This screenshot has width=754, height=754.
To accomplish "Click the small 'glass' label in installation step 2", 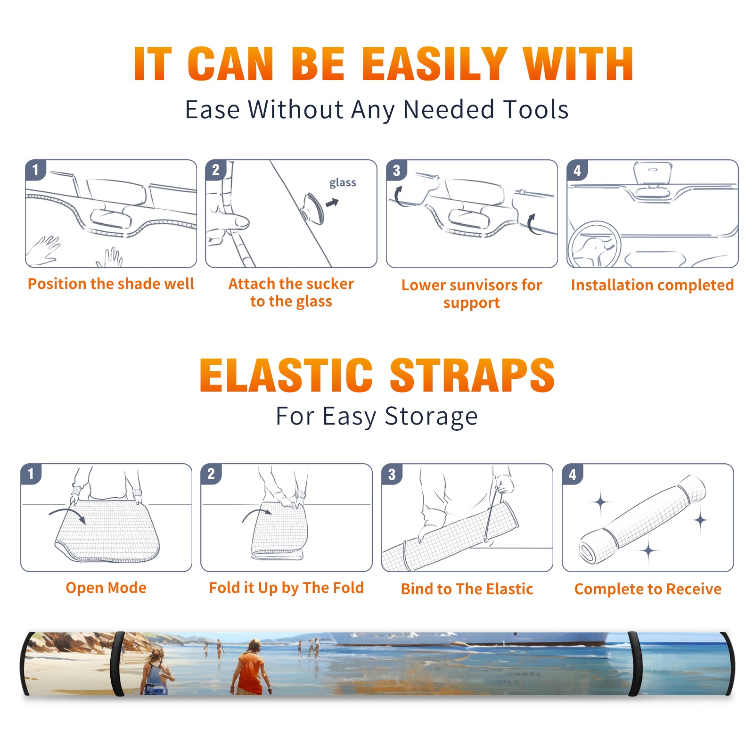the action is pos(343,183).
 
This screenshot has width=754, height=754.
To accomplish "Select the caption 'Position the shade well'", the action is pos(111,284).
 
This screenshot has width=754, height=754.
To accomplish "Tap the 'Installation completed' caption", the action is pos(652,285).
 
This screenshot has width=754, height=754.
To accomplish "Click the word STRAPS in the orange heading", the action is pos(472,375).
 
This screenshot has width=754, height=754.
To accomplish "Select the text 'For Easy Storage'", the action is pos(377,416).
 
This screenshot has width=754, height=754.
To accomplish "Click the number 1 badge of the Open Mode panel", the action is pos(31,474).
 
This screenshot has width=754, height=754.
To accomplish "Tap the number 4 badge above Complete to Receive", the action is pos(573,474).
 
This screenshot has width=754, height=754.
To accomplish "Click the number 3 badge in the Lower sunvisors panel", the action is pos(396,171).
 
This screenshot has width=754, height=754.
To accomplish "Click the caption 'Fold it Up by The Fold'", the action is pos(287,588).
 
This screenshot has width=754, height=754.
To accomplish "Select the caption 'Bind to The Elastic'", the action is pos(467,589).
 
